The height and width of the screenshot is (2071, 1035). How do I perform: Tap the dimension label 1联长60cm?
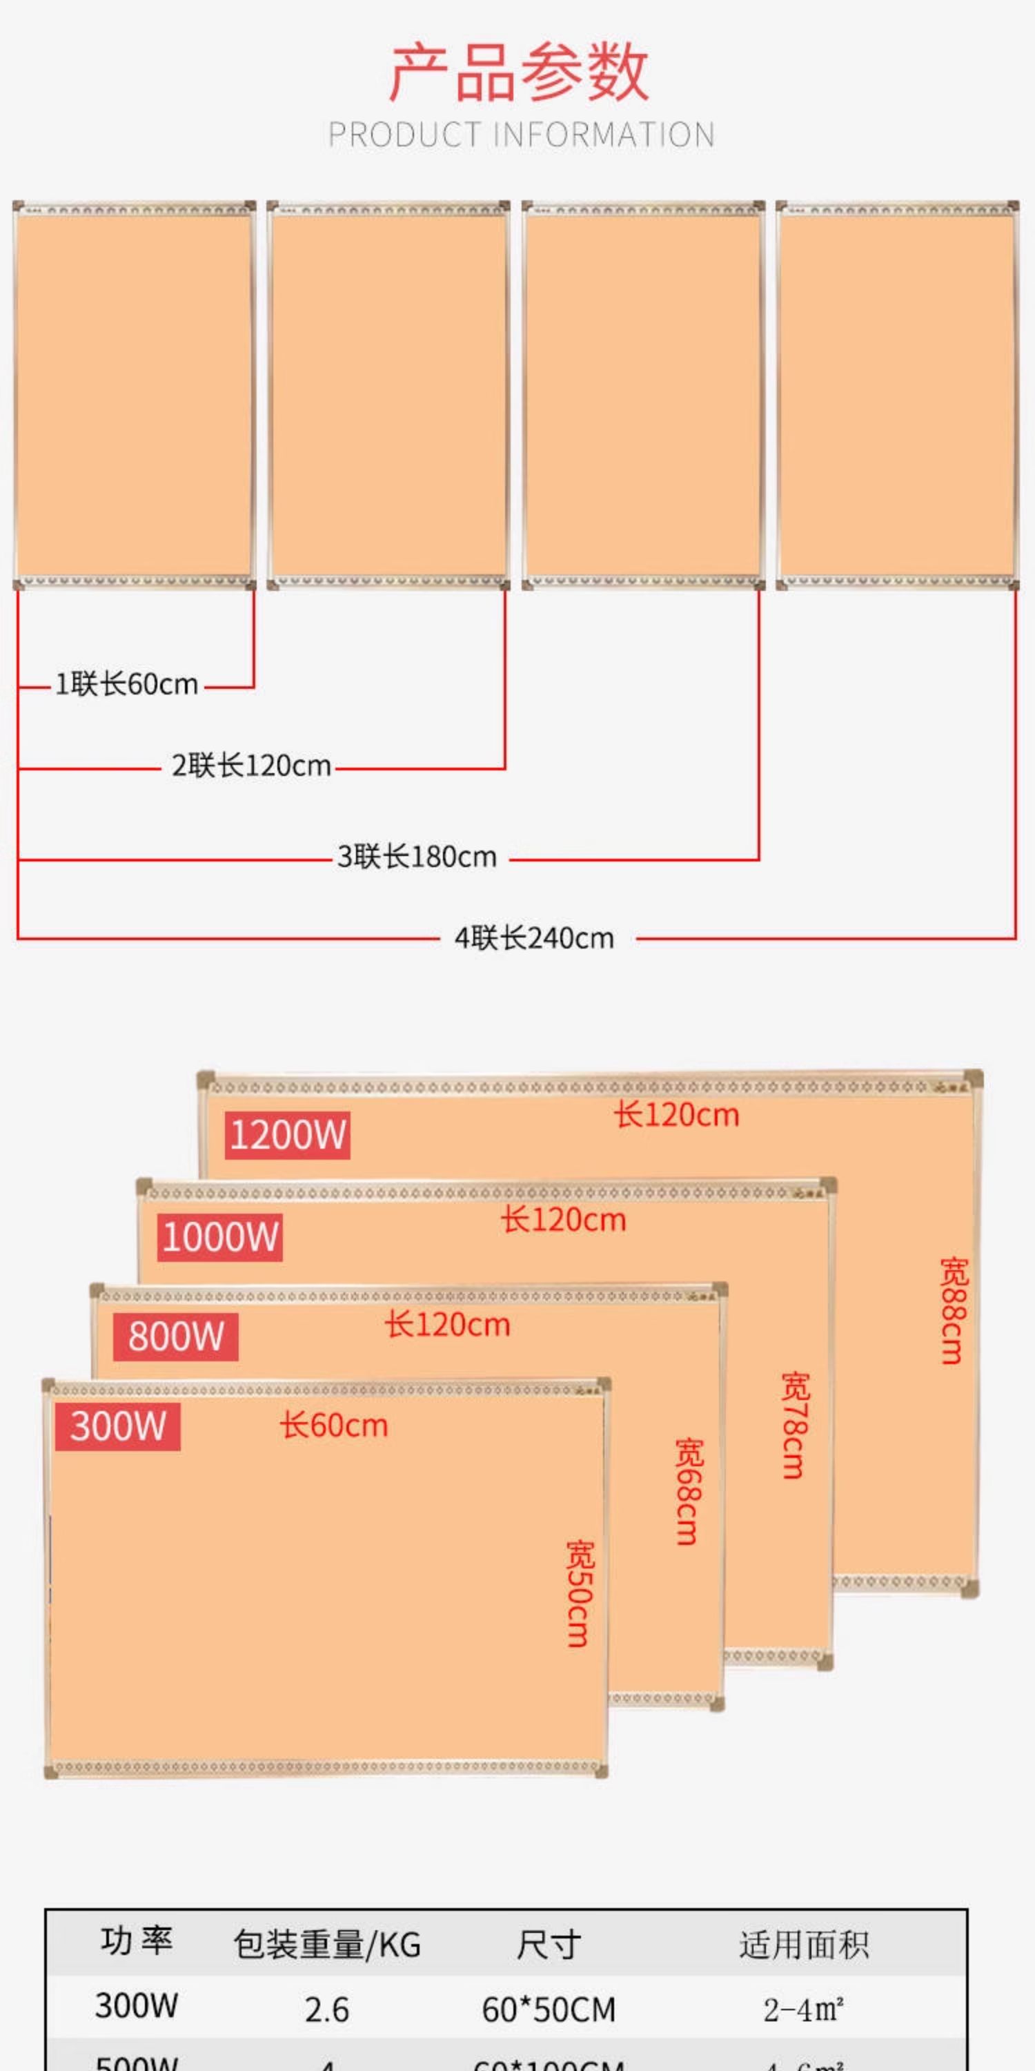(126, 685)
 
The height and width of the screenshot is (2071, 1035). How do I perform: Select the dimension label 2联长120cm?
(252, 766)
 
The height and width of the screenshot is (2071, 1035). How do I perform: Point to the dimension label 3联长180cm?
(417, 857)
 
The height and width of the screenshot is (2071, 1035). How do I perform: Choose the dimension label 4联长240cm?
(534, 938)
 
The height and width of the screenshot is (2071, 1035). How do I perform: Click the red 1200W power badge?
(287, 1135)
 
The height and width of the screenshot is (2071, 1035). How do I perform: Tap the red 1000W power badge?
(219, 1236)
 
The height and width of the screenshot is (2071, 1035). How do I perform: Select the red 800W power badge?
(175, 1336)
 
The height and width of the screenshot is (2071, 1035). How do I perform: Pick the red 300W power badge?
(117, 1426)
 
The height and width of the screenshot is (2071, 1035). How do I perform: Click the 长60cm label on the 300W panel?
(334, 1426)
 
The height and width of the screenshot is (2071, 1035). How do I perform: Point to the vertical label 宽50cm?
(580, 1593)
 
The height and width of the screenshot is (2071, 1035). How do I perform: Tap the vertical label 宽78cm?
(796, 1426)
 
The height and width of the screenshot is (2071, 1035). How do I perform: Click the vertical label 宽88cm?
(954, 1311)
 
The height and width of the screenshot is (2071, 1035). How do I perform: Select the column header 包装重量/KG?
(327, 1945)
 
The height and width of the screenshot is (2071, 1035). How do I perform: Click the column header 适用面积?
(804, 1945)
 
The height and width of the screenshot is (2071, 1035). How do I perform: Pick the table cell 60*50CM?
(549, 2010)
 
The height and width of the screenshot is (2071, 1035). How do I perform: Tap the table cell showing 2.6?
(327, 2010)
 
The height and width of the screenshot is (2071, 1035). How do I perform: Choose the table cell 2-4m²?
(804, 2010)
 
